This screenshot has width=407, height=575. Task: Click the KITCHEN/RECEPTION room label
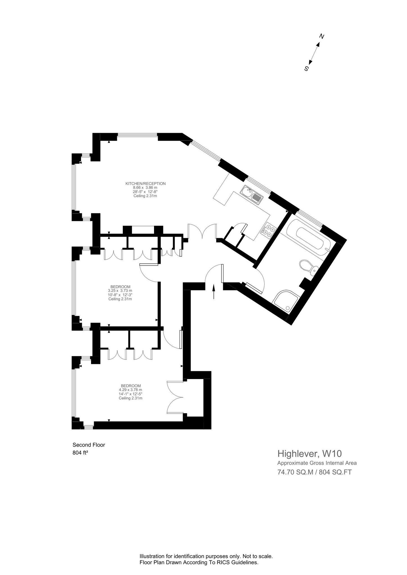click(x=145, y=184)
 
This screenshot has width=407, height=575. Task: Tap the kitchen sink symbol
click(x=251, y=195)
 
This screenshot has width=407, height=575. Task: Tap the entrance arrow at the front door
click(x=214, y=292)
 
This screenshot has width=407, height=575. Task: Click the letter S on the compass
click(x=306, y=68)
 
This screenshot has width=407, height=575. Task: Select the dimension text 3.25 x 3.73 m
click(x=120, y=291)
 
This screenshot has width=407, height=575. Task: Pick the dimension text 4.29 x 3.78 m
click(x=130, y=390)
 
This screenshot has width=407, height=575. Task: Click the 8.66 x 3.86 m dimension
click(x=145, y=188)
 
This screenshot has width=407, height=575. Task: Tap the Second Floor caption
click(x=89, y=445)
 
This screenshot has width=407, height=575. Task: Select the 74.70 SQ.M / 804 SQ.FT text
click(x=314, y=472)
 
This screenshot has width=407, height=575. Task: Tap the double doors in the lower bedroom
click(x=175, y=397)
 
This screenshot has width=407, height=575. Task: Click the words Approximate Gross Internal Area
click(x=317, y=463)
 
